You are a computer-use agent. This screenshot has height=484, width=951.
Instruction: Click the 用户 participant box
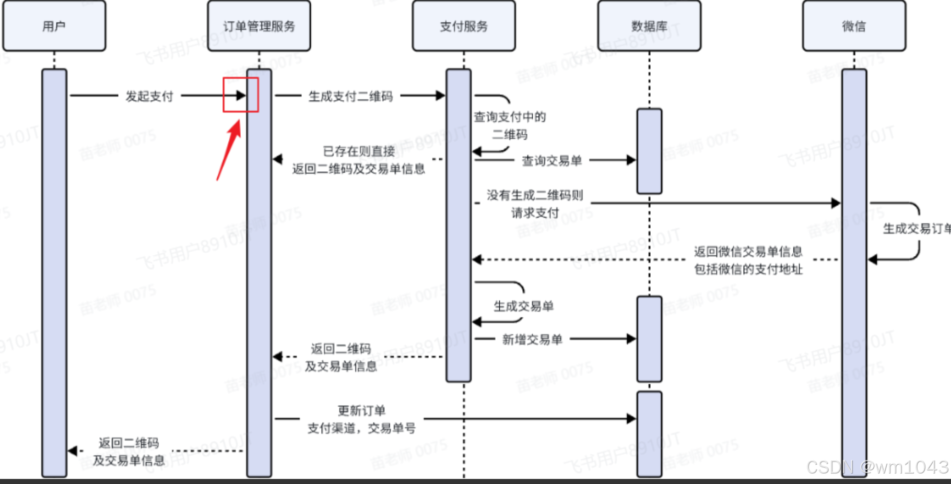click(x=54, y=26)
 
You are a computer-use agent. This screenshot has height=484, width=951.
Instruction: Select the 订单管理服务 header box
click(x=259, y=26)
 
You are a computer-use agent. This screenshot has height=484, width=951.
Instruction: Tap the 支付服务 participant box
click(x=464, y=26)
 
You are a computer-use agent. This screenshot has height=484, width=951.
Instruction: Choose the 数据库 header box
click(x=649, y=26)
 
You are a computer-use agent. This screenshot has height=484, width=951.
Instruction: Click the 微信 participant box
click(x=854, y=26)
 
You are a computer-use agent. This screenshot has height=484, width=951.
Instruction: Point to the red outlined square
click(x=241, y=95)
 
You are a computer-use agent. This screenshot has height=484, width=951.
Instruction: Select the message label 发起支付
click(x=149, y=96)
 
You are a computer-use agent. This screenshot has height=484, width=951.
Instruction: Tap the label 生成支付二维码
click(x=350, y=96)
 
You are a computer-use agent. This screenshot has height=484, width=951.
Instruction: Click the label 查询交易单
click(x=551, y=161)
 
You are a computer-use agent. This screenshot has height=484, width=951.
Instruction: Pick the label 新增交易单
click(x=532, y=339)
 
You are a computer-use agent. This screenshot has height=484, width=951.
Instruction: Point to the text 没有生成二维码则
click(x=535, y=195)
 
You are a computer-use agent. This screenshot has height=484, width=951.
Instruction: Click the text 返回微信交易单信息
click(x=748, y=252)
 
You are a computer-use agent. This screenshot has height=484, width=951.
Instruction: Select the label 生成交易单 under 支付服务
click(x=523, y=306)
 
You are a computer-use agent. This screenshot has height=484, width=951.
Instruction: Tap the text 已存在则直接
click(x=359, y=151)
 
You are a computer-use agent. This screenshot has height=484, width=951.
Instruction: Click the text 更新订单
click(x=361, y=410)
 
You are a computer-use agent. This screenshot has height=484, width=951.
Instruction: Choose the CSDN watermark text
click(x=877, y=467)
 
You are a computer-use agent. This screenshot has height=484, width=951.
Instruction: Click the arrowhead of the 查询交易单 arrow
click(x=631, y=160)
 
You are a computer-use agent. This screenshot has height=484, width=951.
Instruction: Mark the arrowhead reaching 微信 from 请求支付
click(x=836, y=203)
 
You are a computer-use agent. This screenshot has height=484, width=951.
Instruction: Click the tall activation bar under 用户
click(x=54, y=271)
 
